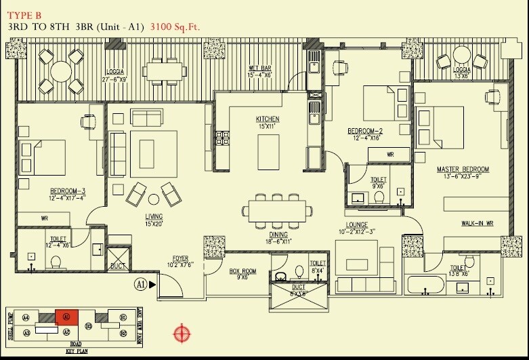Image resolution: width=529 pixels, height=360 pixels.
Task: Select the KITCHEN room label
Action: point(267,119)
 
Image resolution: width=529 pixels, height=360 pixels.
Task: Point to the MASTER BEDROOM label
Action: point(463,169)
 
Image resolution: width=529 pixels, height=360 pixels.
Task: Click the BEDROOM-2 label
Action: point(366,130)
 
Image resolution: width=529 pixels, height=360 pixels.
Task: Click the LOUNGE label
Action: point(356,225)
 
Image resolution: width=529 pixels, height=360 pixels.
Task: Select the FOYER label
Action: point(179,258)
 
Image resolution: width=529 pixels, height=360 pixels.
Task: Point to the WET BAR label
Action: point(260,68)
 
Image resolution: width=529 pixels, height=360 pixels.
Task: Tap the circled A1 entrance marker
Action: point(140,283)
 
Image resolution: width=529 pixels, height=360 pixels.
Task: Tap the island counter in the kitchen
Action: point(269,151)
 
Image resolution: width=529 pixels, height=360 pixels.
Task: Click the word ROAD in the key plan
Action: point(76,346)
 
